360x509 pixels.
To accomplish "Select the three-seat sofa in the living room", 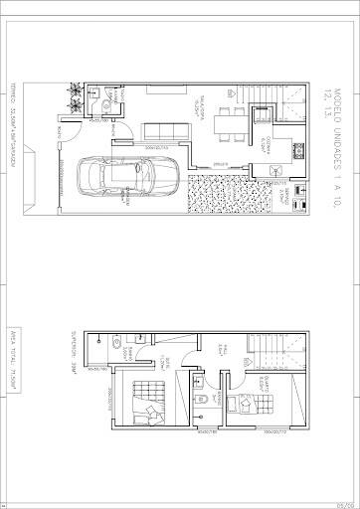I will (x=161, y=131).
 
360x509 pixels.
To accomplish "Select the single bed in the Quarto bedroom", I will (x=241, y=405).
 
